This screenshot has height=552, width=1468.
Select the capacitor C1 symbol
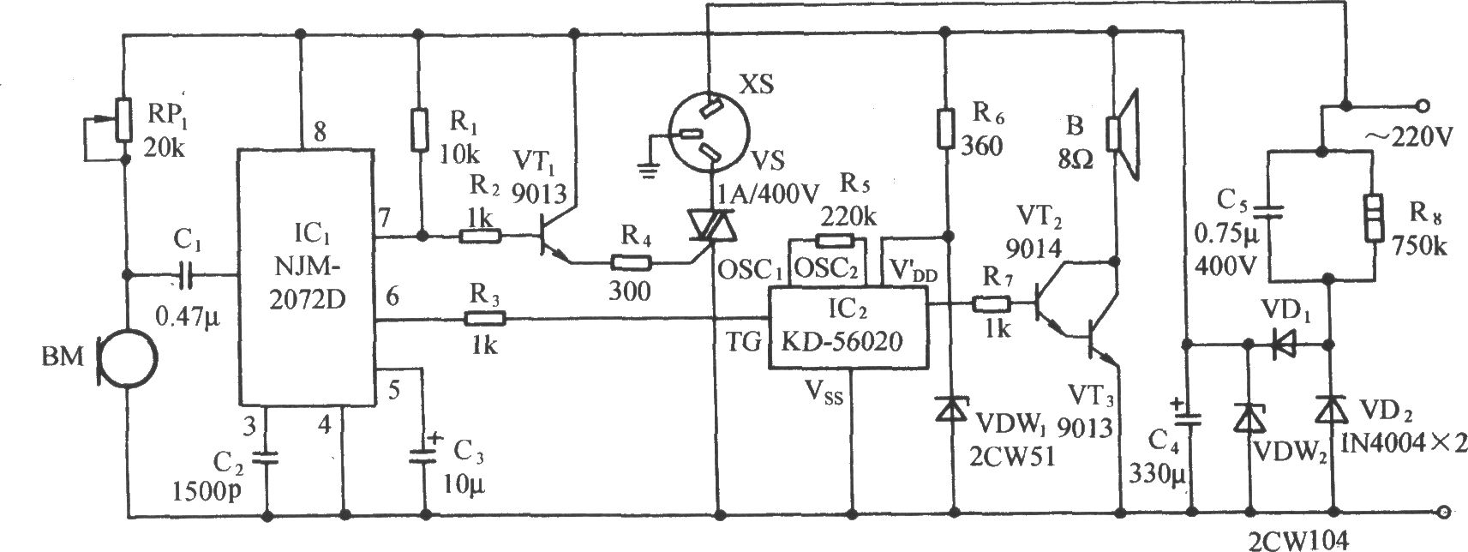184,275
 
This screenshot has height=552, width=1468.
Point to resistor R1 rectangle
420,129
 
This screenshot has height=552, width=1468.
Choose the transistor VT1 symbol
554,243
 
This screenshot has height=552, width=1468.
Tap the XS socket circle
709,135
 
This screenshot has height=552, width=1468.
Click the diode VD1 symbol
1284,345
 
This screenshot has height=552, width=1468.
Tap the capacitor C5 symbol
1269,213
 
